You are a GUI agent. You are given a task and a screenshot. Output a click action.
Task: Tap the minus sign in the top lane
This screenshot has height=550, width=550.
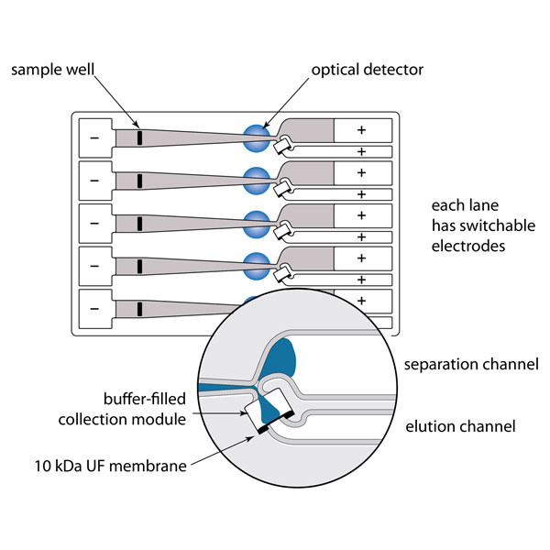pyautogui.click(x=94, y=137)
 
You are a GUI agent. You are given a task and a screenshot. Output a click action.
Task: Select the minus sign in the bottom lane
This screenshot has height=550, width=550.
pyautogui.click(x=94, y=309)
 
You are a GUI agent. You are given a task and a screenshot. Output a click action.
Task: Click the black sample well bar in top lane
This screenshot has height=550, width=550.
pyautogui.click(x=139, y=137)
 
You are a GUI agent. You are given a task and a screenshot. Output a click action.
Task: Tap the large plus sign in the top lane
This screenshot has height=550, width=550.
pyautogui.click(x=361, y=130)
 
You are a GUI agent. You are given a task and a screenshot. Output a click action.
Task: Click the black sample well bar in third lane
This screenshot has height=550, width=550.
pyautogui.click(x=139, y=224)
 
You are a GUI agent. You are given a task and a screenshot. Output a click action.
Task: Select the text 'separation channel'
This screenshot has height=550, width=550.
pyautogui.click(x=471, y=365)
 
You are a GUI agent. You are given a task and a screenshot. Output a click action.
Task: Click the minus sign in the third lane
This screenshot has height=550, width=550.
pyautogui.click(x=94, y=223)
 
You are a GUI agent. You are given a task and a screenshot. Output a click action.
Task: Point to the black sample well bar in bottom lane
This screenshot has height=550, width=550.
pyautogui.click(x=139, y=309)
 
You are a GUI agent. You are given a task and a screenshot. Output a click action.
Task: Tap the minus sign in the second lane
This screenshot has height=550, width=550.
pyautogui.click(x=94, y=180)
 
